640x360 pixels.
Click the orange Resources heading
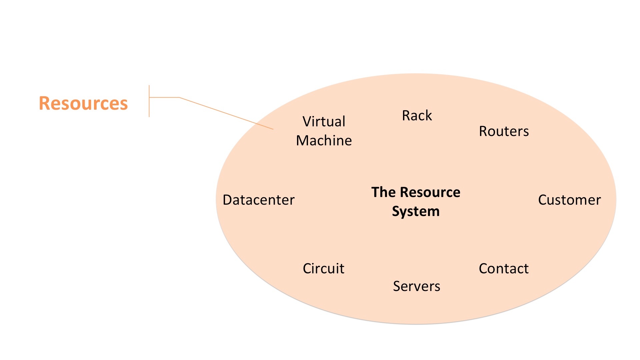click(83, 103)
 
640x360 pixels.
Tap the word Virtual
click(324, 121)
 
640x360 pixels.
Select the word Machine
click(324, 141)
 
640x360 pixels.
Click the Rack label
click(417, 116)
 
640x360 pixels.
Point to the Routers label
click(504, 131)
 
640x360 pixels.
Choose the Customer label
click(569, 200)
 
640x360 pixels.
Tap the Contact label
click(504, 269)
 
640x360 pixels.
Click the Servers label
click(416, 286)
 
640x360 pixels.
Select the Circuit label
click(323, 269)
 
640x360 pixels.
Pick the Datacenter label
click(259, 200)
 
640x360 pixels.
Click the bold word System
click(416, 211)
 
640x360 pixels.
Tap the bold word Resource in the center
click(430, 192)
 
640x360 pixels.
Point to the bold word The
click(383, 192)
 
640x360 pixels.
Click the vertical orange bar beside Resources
click(149, 101)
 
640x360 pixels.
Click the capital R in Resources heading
click(45, 103)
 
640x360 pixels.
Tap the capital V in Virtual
click(307, 121)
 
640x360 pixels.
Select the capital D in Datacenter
click(228, 200)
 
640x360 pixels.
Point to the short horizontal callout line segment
click(164, 97)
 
